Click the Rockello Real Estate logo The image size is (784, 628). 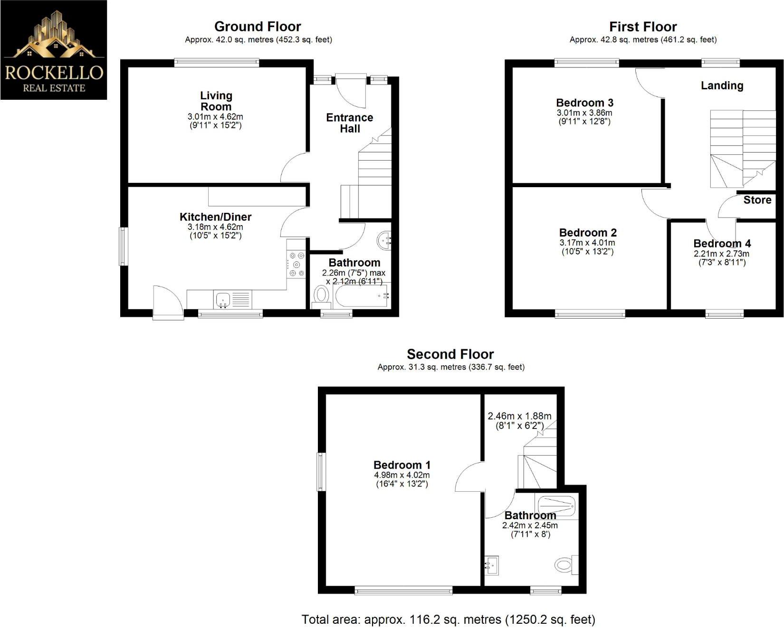point(54,50)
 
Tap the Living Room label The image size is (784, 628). point(216,101)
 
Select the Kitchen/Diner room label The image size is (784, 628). point(215,217)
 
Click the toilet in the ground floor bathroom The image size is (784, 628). point(321,296)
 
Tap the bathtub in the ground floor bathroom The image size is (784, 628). point(362,296)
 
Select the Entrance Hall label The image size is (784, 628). point(350,123)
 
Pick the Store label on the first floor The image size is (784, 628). point(757,200)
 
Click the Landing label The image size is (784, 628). point(722,86)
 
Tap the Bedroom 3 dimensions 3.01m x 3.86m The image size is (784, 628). point(584,113)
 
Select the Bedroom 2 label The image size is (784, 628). point(588,233)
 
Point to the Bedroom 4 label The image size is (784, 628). point(722,244)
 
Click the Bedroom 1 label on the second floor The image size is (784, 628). point(402,465)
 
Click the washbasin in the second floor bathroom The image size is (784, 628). point(491,565)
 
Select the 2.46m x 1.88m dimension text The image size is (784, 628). point(519,416)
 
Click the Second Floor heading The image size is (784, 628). point(450,354)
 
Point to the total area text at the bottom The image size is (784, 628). point(448,619)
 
